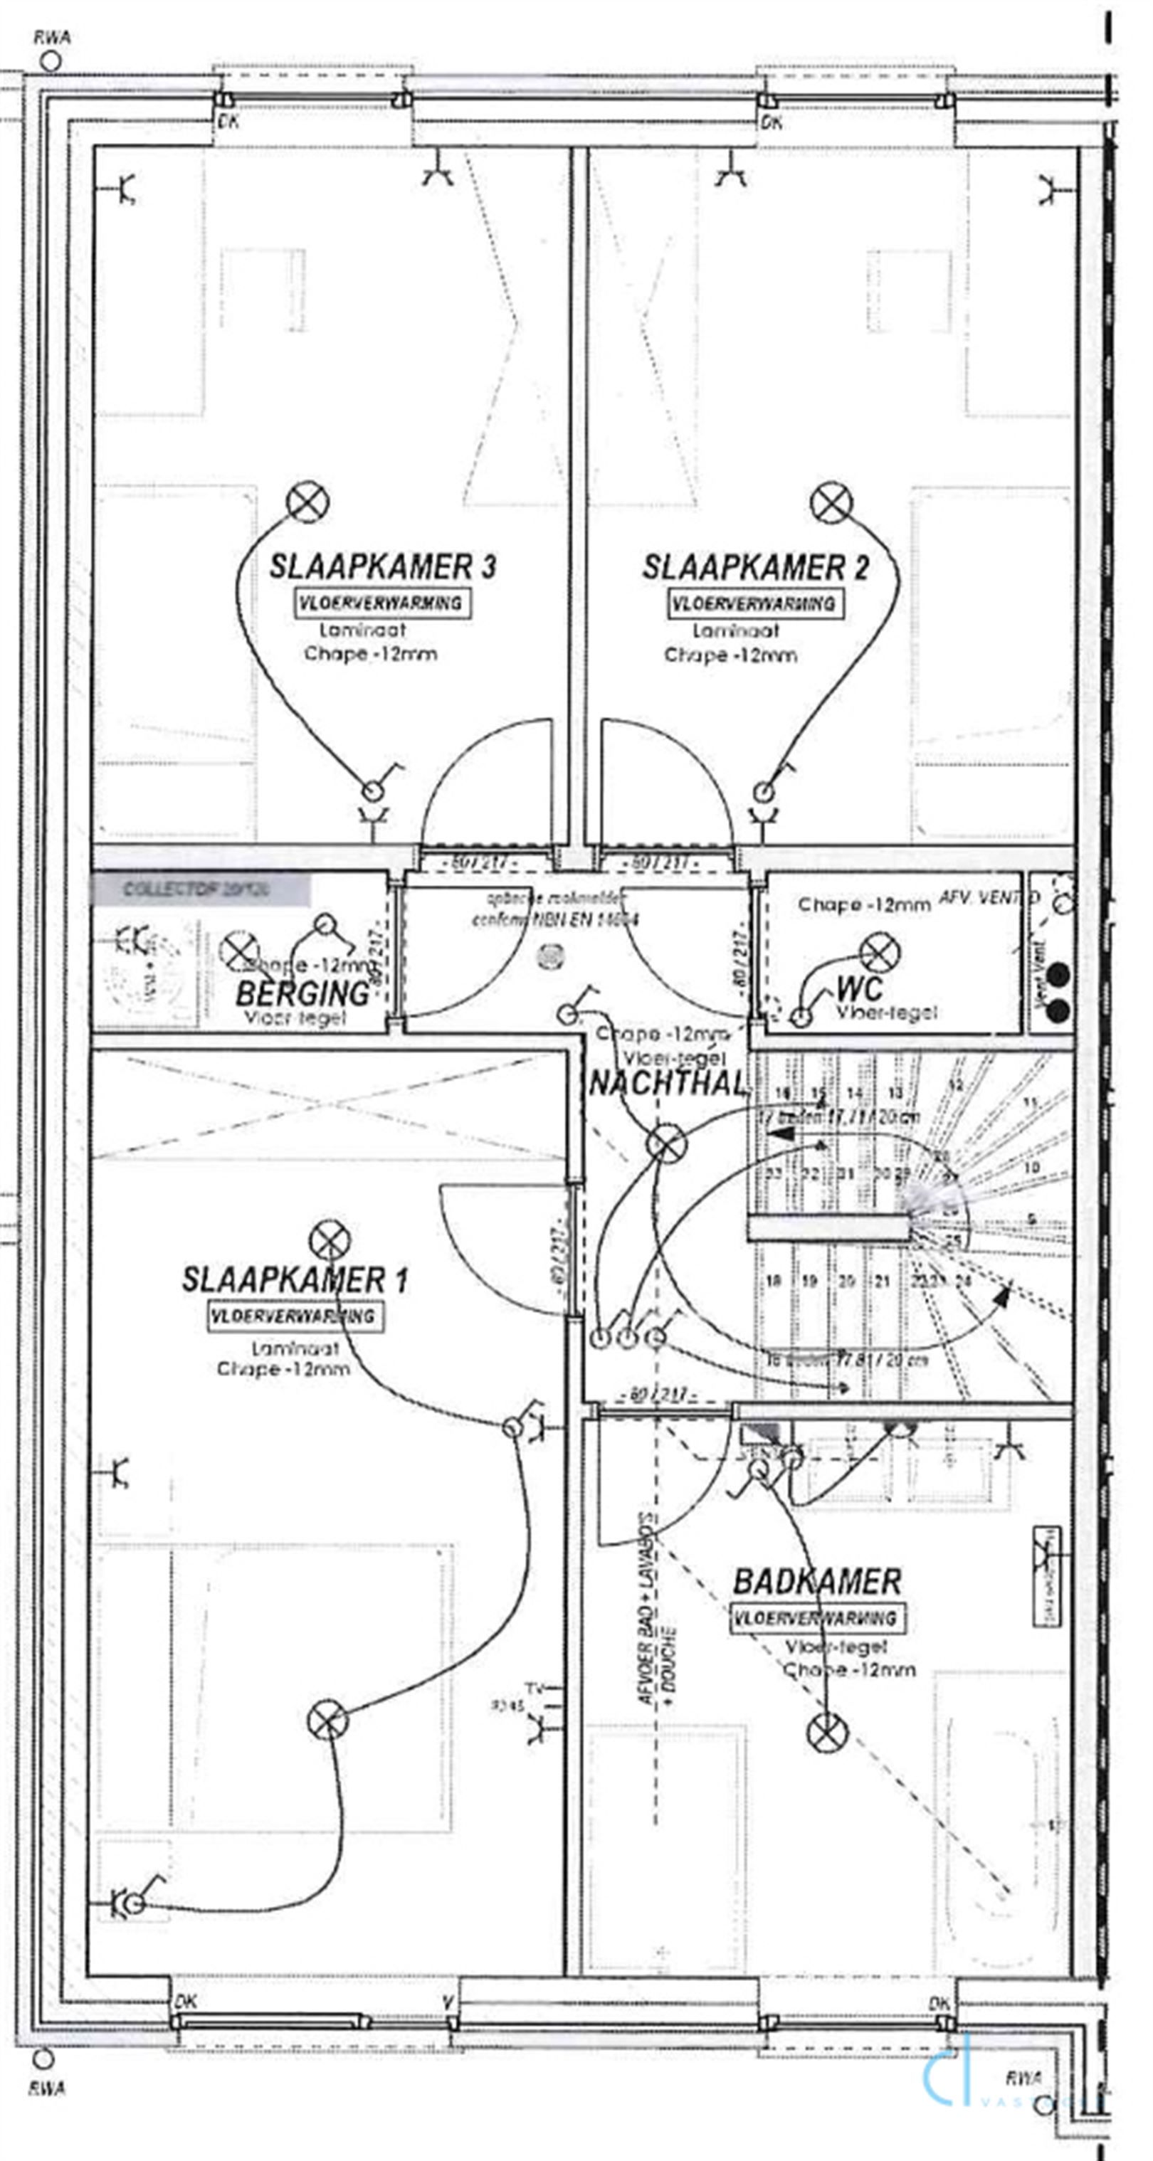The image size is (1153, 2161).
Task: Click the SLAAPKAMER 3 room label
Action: click(x=381, y=566)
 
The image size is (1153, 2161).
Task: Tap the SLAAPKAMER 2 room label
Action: click(x=754, y=568)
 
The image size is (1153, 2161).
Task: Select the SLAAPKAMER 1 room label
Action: click(x=295, y=1280)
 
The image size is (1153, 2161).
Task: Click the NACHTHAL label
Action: click(x=667, y=1083)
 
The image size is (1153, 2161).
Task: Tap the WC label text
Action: click(x=859, y=988)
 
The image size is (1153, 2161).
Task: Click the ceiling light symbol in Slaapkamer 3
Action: click(x=307, y=502)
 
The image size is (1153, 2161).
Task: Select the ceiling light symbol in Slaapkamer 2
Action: click(x=831, y=502)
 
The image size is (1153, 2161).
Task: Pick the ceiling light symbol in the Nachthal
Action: click(x=666, y=1143)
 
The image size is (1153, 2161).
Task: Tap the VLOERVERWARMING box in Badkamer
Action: click(x=817, y=1617)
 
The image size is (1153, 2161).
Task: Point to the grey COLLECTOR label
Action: click(x=200, y=889)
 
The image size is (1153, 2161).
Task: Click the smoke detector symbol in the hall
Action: click(x=552, y=953)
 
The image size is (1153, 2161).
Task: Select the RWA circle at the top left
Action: click(x=51, y=61)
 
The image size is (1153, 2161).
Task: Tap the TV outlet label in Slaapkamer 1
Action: click(x=534, y=1687)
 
